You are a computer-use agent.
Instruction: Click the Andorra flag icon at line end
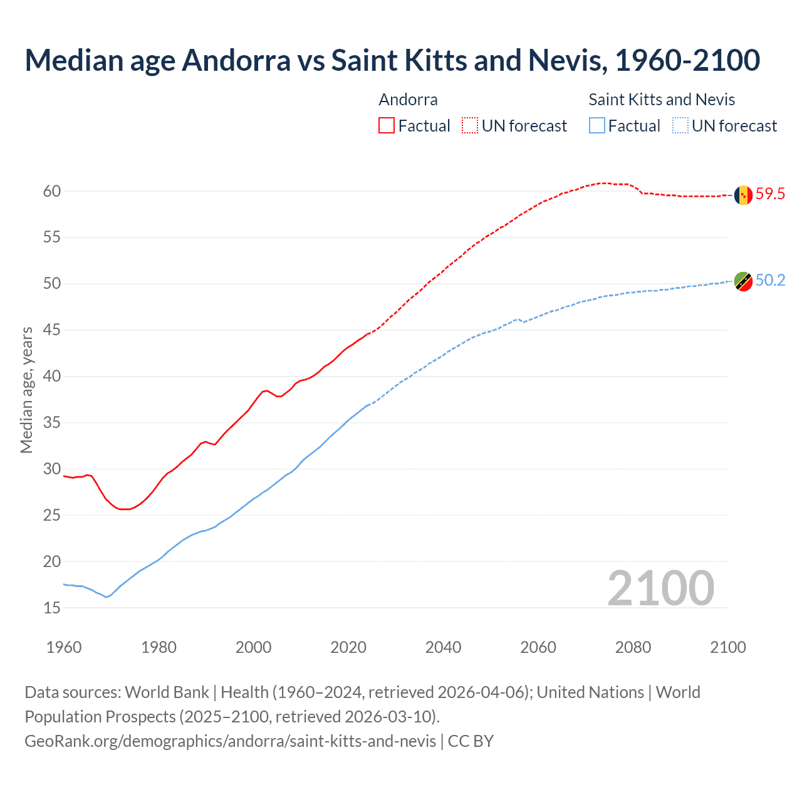click(x=743, y=195)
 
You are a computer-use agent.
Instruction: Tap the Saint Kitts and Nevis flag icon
click(x=743, y=281)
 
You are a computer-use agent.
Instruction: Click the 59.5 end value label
click(x=770, y=194)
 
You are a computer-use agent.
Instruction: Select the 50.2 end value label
click(x=770, y=280)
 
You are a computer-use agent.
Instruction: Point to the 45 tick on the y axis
click(x=52, y=330)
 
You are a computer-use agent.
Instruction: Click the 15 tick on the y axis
click(x=52, y=608)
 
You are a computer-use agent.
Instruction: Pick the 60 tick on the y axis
click(x=52, y=191)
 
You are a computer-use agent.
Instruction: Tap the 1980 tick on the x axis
click(x=159, y=647)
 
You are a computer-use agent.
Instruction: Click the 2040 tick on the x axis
click(x=443, y=647)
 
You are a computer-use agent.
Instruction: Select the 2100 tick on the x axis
click(x=727, y=647)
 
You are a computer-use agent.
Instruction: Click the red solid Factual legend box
click(x=387, y=125)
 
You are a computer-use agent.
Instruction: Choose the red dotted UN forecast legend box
click(x=470, y=125)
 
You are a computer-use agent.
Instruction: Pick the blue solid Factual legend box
click(x=597, y=125)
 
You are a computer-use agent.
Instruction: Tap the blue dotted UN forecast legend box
click(x=680, y=125)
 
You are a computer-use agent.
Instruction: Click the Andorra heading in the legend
click(x=408, y=100)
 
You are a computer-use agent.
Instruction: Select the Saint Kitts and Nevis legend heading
click(x=662, y=100)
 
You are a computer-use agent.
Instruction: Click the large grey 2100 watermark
click(x=660, y=588)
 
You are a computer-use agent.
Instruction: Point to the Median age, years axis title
click(x=26, y=390)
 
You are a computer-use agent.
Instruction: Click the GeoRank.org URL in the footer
click(x=230, y=741)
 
